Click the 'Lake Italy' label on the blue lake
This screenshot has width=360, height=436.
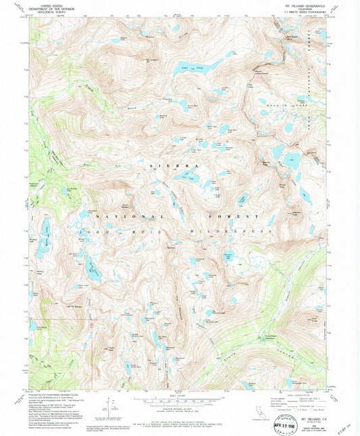point(199,68)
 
